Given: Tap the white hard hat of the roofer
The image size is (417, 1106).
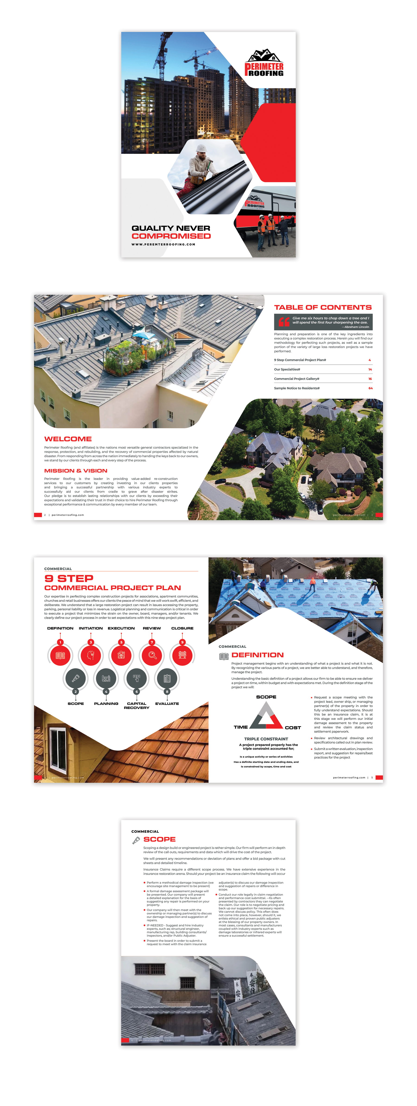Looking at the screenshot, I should point(201,148).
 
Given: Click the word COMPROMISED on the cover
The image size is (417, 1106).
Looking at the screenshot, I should point(171,236).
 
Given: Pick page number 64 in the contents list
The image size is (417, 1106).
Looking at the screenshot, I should point(370,388).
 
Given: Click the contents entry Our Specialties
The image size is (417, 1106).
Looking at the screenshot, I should point(287,369).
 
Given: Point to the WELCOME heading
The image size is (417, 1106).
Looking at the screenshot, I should point(68,439).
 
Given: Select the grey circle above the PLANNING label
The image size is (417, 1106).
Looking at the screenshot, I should point(106,678).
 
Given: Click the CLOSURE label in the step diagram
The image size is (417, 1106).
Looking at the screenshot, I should point(182,628).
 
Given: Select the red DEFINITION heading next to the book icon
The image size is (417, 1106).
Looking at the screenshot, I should point(258,655).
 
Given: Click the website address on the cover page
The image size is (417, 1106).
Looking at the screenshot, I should point(163,244).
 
